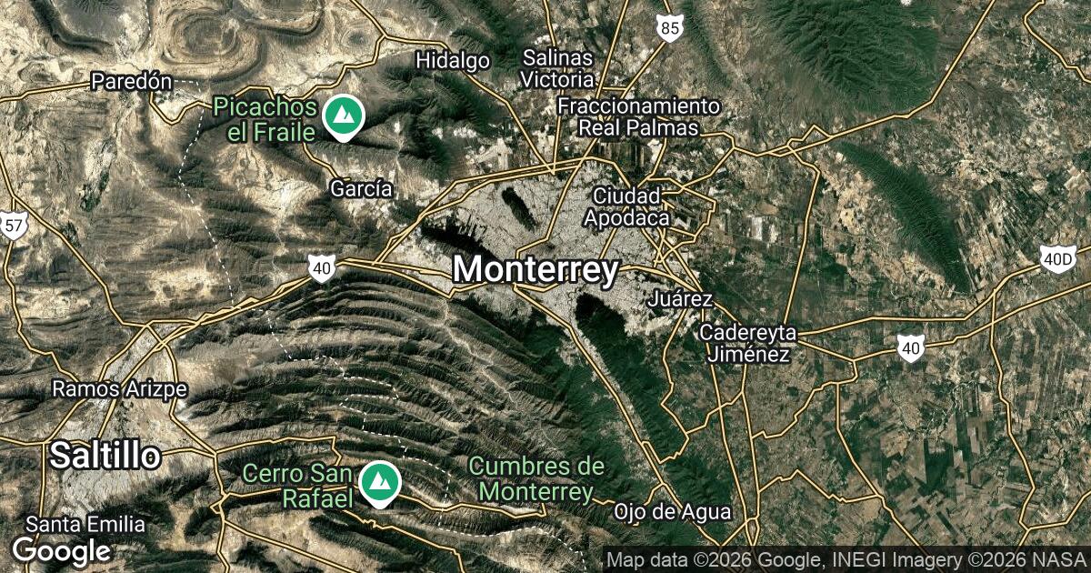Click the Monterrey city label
(535, 270)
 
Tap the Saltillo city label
(105, 456)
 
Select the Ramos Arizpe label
(119, 389)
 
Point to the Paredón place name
(132, 82)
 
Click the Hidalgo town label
(453, 61)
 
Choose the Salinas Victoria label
(558, 68)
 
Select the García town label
(362, 189)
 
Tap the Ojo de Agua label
(660, 511)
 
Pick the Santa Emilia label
(85, 524)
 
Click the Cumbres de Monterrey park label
(536, 479)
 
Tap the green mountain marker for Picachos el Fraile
(344, 117)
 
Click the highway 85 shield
(670, 30)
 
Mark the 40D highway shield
(1057, 260)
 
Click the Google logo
(61, 550)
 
